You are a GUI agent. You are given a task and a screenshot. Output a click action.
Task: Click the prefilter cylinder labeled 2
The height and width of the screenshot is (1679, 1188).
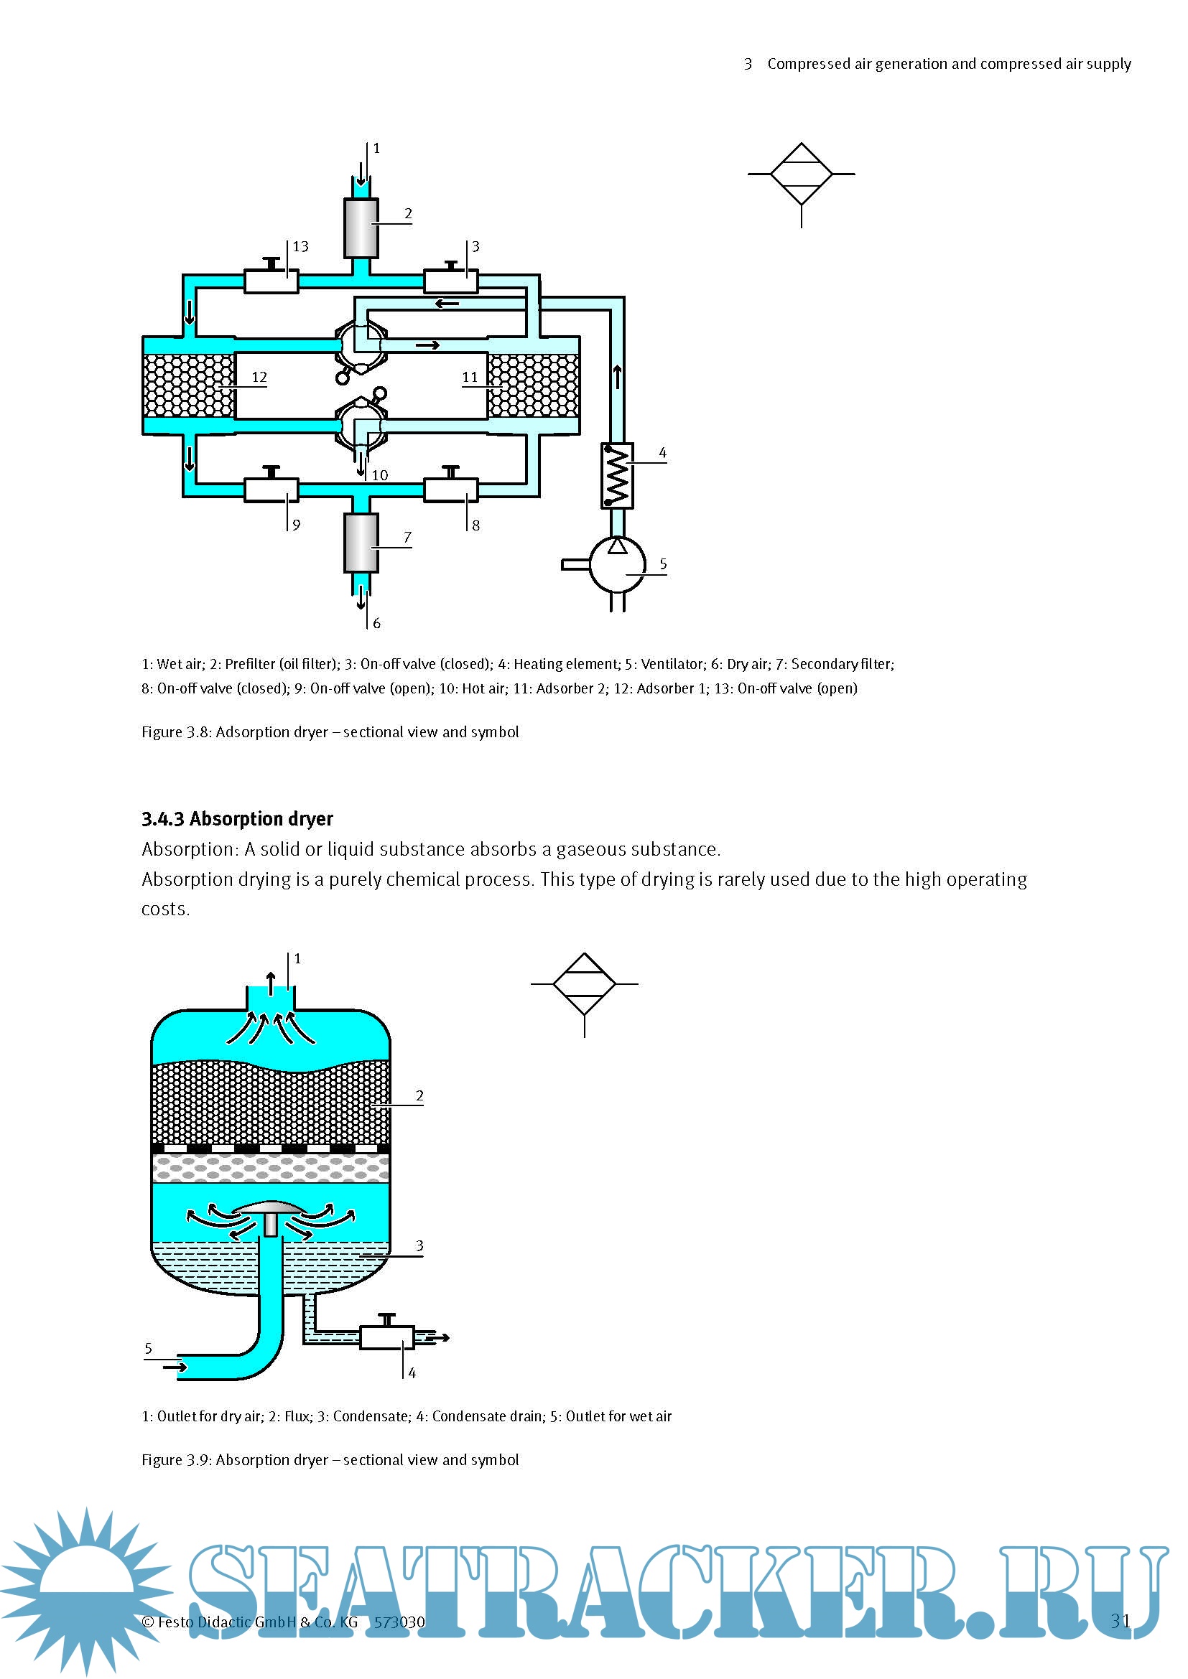361,228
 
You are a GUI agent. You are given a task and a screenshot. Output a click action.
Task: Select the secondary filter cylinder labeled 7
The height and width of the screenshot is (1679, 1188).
361,542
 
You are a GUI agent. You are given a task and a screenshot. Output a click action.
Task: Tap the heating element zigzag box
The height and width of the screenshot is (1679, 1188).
617,475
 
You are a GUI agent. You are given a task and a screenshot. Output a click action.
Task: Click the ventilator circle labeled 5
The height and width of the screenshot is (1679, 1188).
617,564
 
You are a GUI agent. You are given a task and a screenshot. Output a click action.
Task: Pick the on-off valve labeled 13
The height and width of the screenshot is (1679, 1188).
271,281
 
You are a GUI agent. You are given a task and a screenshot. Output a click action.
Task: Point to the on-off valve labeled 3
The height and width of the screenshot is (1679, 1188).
450,281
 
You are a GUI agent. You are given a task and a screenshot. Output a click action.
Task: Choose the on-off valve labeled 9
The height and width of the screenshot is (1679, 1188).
271,490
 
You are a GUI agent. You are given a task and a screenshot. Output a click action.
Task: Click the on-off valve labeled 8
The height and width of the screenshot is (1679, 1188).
450,490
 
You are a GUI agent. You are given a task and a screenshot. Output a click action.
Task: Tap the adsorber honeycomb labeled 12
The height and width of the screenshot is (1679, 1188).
189,385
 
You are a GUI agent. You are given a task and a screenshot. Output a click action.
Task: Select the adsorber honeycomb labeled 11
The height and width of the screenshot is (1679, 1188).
534,385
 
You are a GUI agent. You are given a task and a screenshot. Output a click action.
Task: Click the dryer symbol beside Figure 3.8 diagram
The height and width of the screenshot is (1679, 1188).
801,174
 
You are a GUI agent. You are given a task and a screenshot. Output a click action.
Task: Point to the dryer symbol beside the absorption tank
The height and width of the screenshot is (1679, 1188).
584,984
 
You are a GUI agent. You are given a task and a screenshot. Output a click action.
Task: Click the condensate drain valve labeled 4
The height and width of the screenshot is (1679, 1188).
387,1337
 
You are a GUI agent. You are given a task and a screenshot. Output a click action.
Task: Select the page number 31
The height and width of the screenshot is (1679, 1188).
1120,1622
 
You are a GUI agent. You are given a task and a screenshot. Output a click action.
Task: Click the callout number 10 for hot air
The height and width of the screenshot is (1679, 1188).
380,475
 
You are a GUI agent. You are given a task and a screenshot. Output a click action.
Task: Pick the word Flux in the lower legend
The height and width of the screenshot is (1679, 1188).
296,1416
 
